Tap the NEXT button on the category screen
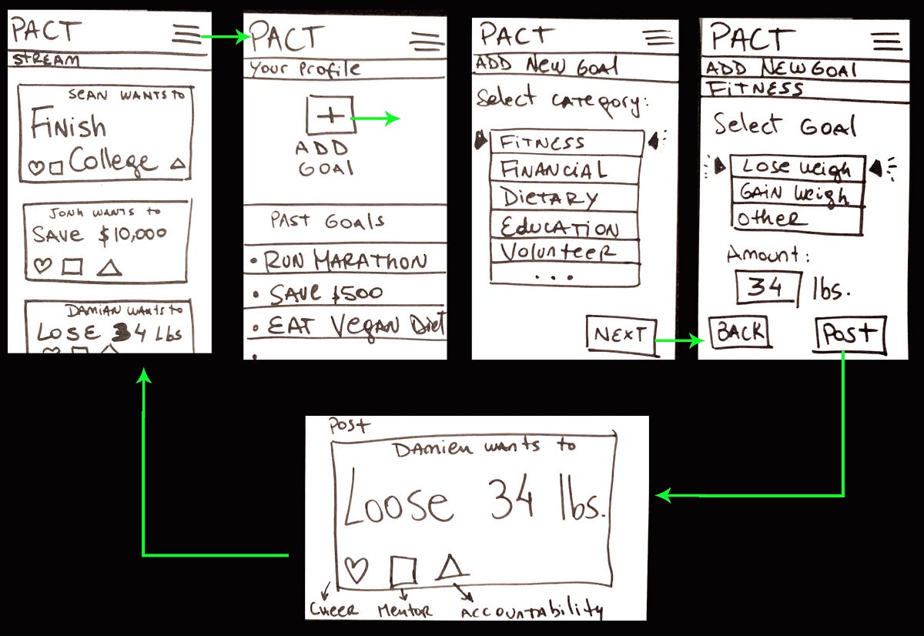coord(621,336)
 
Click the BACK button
coord(739,333)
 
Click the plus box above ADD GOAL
coord(330,116)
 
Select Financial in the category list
coord(564,170)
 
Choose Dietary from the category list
coord(564,197)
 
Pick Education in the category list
coord(564,226)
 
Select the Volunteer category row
coord(564,252)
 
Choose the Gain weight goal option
coord(795,193)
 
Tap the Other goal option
coord(795,219)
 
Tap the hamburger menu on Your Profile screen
coord(427,42)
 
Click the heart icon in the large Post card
coord(356,571)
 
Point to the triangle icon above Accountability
coord(451,568)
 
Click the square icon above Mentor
coord(403,571)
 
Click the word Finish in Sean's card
coord(69,126)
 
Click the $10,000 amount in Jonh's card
coord(132,235)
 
